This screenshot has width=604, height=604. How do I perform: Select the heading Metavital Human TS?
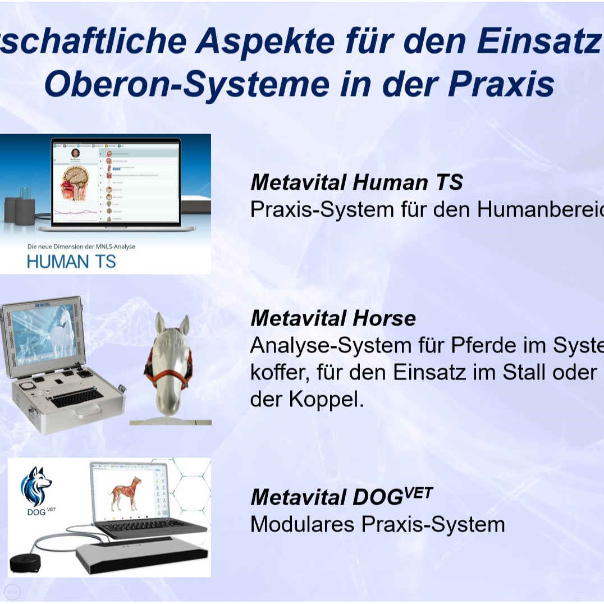[356, 182]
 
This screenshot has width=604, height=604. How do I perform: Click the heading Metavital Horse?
[333, 318]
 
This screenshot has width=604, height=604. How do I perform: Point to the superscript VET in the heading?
[418, 493]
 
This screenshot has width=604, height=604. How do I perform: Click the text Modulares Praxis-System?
[377, 524]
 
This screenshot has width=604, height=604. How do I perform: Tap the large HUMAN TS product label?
[71, 262]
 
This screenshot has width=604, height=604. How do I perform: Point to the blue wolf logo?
[36, 486]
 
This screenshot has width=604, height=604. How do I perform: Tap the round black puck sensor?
[27, 562]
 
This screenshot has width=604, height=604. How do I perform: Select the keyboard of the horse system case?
[77, 398]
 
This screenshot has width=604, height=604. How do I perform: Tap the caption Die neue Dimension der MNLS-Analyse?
[81, 246]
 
